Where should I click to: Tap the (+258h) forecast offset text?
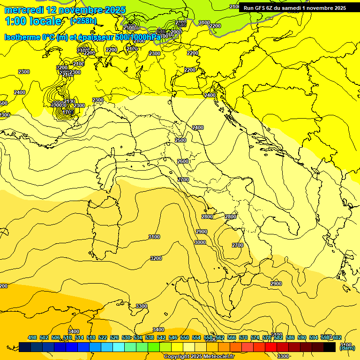(x=83, y=21)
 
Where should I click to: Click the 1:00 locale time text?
(x=33, y=21)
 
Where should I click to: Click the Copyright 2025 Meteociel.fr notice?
(x=202, y=356)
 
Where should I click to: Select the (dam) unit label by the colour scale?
(x=347, y=348)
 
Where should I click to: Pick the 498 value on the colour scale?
(x=32, y=337)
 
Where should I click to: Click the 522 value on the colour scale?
(x=103, y=337)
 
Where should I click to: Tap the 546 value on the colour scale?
(x=173, y=337)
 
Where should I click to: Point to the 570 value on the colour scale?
(x=243, y=337)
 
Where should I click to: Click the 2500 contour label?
(x=180, y=140)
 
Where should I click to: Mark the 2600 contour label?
(x=182, y=161)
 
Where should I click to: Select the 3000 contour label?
(x=200, y=242)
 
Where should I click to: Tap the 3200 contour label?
(x=156, y=258)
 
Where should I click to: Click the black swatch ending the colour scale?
(x=330, y=347)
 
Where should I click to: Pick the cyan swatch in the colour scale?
(x=119, y=347)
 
